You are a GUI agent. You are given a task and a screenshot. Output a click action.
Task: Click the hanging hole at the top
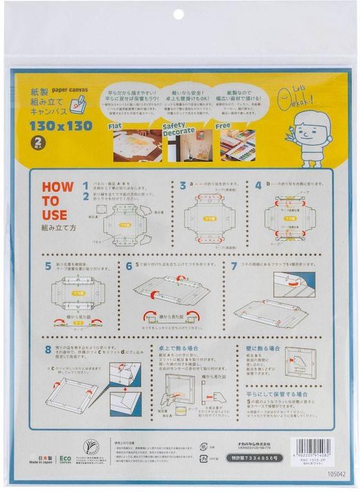click(178, 14)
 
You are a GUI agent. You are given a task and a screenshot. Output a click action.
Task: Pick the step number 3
click(183, 186)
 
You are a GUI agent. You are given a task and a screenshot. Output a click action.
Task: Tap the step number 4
click(258, 186)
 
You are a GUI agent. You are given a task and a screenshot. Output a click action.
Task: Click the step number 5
click(48, 265)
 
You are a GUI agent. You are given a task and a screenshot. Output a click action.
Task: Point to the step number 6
click(129, 265)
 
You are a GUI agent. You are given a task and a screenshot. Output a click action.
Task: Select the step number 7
click(234, 265)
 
